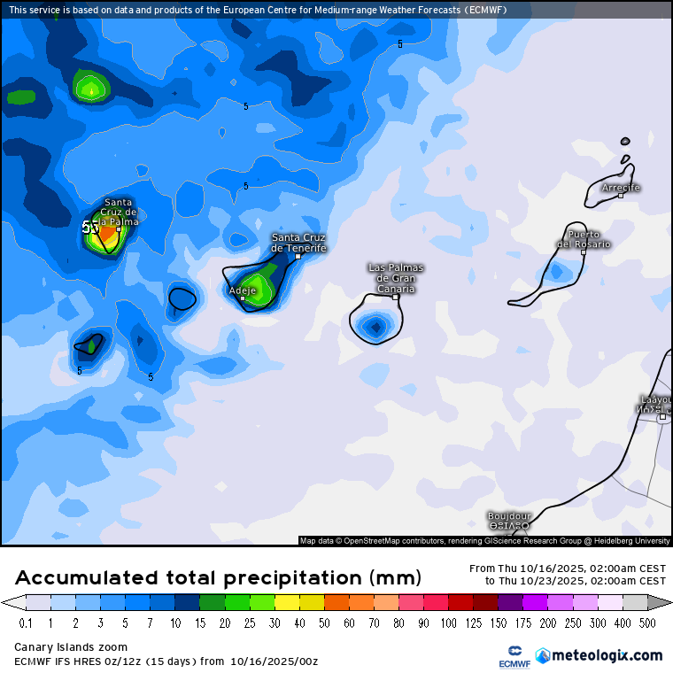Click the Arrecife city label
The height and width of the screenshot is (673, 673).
(x=620, y=188)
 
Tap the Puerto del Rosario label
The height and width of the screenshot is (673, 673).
(x=584, y=239)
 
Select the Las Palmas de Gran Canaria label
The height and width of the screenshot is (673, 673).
(x=396, y=278)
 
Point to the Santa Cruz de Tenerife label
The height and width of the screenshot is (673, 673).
(x=298, y=243)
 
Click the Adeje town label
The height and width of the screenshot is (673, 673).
(x=242, y=290)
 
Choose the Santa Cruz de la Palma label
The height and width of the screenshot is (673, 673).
(x=118, y=213)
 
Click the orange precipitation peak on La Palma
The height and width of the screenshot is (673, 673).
(x=106, y=235)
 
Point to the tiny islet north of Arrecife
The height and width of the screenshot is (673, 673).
(x=625, y=141)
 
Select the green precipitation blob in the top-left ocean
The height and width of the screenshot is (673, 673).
(x=89, y=88)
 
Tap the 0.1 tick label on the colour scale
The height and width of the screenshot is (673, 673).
(x=27, y=623)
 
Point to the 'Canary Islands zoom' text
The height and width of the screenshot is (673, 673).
(x=71, y=647)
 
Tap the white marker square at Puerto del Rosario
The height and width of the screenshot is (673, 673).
(x=584, y=252)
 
